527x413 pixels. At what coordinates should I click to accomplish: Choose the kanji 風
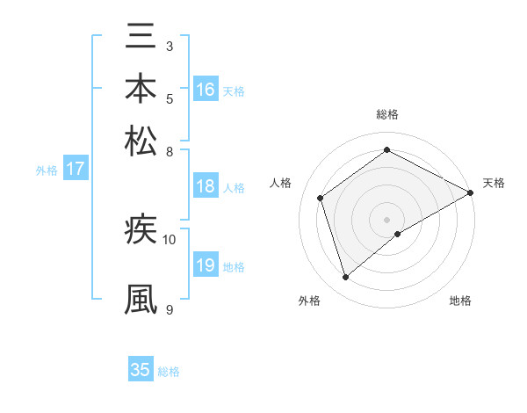[x=141, y=298]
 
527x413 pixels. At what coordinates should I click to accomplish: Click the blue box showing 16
[x=206, y=90]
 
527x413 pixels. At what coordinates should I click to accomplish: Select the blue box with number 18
[x=206, y=186]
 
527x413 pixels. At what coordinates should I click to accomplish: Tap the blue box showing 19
[x=206, y=265]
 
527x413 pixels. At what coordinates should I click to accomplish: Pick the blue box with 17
[x=76, y=169]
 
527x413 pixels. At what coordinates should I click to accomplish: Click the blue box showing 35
[x=141, y=370]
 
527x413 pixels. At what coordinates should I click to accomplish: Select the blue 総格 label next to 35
[x=169, y=372]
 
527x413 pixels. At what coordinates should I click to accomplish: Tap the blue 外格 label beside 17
[x=46, y=170]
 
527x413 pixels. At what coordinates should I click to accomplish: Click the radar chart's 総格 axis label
[x=386, y=114]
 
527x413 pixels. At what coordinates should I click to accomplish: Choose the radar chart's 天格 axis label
[x=494, y=183]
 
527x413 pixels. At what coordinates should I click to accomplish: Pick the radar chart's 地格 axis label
[x=460, y=301]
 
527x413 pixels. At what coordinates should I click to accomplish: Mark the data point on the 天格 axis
[x=472, y=192]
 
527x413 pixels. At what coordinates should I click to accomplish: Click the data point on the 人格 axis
[x=321, y=198]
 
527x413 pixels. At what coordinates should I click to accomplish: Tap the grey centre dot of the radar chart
[x=386, y=219]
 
